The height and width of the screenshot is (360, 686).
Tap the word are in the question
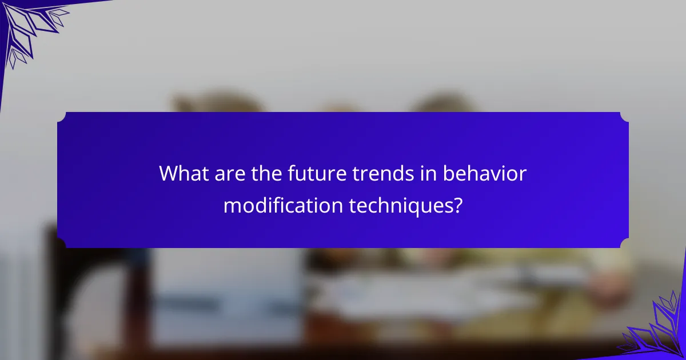[230, 175]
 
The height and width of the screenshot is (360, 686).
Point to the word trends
[384, 173]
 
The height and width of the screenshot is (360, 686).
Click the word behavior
[485, 173]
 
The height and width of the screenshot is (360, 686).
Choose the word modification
[283, 205]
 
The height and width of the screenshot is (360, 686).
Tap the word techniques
[401, 207]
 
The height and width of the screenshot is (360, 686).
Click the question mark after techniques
[457, 205]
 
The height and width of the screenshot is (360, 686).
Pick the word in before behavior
[429, 174]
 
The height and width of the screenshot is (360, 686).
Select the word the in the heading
[266, 173]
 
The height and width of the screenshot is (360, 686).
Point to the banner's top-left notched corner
[62, 117]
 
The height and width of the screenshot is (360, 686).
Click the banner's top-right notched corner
[624, 117]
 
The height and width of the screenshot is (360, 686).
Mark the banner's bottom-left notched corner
[62, 243]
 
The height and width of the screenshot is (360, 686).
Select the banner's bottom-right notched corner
[624, 243]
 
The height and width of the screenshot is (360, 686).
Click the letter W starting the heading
[169, 174]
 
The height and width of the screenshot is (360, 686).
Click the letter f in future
[292, 173]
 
